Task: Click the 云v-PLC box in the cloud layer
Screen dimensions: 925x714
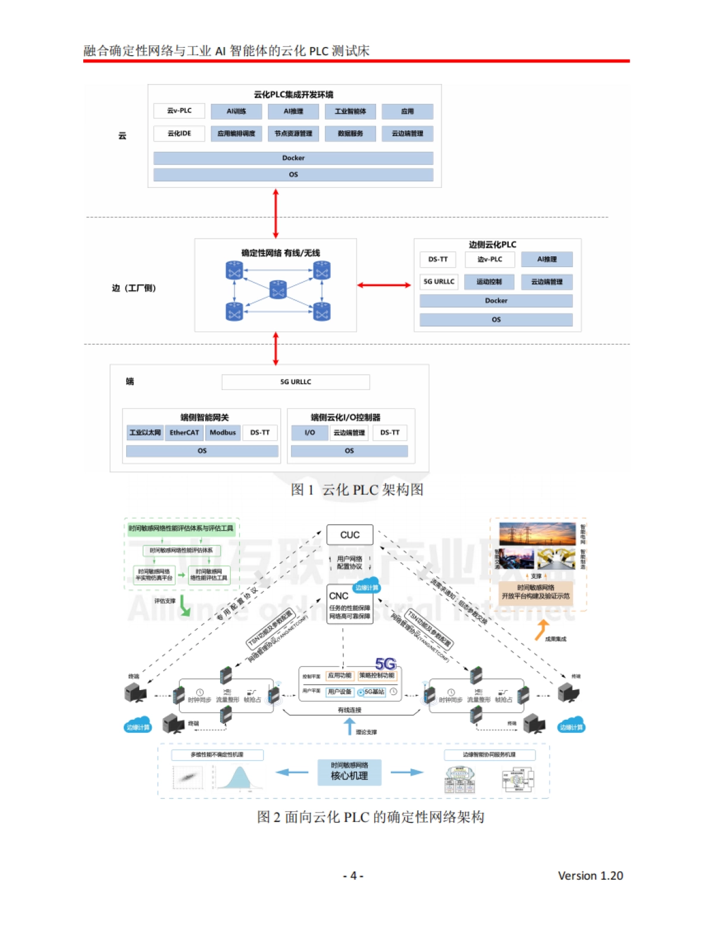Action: coord(179,111)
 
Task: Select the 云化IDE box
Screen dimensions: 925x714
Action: coord(179,133)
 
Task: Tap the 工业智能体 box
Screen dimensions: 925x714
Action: coord(350,111)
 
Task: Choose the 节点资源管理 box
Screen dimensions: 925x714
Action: coord(293,133)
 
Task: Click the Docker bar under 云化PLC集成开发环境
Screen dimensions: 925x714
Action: coord(293,158)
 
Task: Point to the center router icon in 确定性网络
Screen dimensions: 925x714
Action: coord(278,289)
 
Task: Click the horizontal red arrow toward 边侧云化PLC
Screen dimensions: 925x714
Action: coord(384,285)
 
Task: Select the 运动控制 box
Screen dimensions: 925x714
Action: coord(488,281)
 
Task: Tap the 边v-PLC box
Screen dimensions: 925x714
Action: coord(489,259)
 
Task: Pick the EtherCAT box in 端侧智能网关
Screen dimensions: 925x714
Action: coord(184,432)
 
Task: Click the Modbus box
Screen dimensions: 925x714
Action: coord(223,432)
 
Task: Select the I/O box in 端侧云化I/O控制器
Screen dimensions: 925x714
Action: coord(309,432)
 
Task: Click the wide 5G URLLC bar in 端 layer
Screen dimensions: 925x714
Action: coord(295,382)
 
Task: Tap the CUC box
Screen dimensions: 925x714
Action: coord(350,535)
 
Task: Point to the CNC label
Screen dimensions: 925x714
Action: coord(339,595)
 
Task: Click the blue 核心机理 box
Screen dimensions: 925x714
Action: coord(349,772)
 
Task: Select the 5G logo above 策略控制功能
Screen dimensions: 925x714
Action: coord(386,663)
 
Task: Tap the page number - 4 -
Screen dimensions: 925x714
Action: coord(353,876)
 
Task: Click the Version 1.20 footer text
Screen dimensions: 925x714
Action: coord(590,876)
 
